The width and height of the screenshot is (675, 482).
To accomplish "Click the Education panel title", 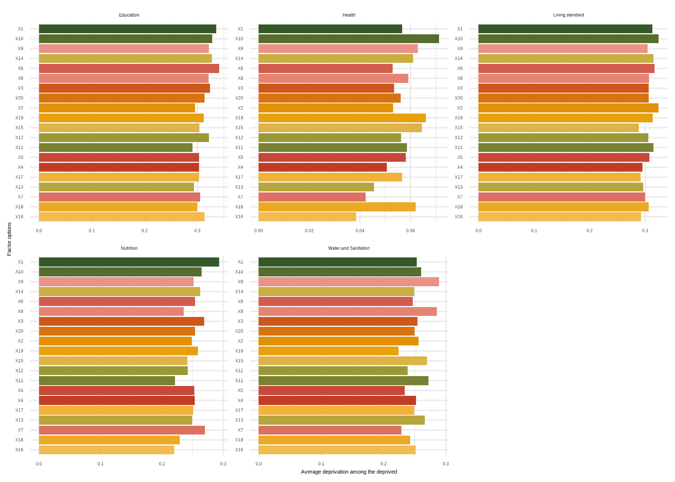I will click(x=129, y=15).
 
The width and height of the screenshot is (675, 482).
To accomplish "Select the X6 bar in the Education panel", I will click(x=129, y=68).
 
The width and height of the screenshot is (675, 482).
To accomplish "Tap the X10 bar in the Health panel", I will click(x=348, y=39).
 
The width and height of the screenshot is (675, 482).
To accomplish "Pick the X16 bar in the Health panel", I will click(x=307, y=217).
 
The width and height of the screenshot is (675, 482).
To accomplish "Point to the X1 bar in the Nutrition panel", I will click(x=129, y=262).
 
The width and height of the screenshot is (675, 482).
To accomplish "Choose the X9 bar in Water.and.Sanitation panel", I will click(x=348, y=282).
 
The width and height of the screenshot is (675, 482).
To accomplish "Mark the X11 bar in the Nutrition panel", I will click(x=107, y=380).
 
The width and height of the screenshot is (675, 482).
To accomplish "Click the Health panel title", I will click(x=349, y=15).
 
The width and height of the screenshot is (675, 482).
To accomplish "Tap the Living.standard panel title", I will click(x=568, y=15).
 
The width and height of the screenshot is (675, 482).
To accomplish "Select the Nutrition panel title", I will click(x=129, y=248).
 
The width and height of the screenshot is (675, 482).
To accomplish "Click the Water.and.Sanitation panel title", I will click(x=349, y=248).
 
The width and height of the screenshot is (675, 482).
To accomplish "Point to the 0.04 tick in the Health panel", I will click(x=360, y=231).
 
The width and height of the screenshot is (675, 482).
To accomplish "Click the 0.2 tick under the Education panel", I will click(x=145, y=231).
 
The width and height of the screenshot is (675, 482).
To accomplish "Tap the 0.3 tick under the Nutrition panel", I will click(x=223, y=464).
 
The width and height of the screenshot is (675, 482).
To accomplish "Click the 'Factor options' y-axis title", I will click(x=9, y=239).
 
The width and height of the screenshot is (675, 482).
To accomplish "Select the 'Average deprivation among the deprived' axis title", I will click(x=349, y=472).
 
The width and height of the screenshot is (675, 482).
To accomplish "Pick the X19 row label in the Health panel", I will click(x=239, y=118).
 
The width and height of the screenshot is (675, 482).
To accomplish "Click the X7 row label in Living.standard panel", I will click(x=460, y=197).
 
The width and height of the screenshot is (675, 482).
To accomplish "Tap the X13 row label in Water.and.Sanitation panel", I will click(x=239, y=420).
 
